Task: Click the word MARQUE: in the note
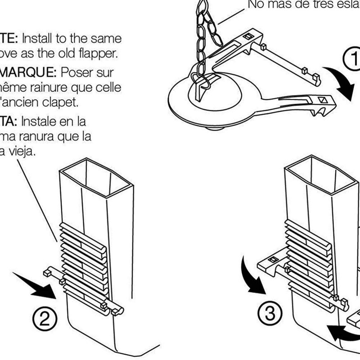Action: pyautogui.click(x=27, y=72)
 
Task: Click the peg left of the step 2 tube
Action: pyautogui.click(x=48, y=272)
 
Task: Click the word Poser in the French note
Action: pyautogui.click(x=74, y=72)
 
